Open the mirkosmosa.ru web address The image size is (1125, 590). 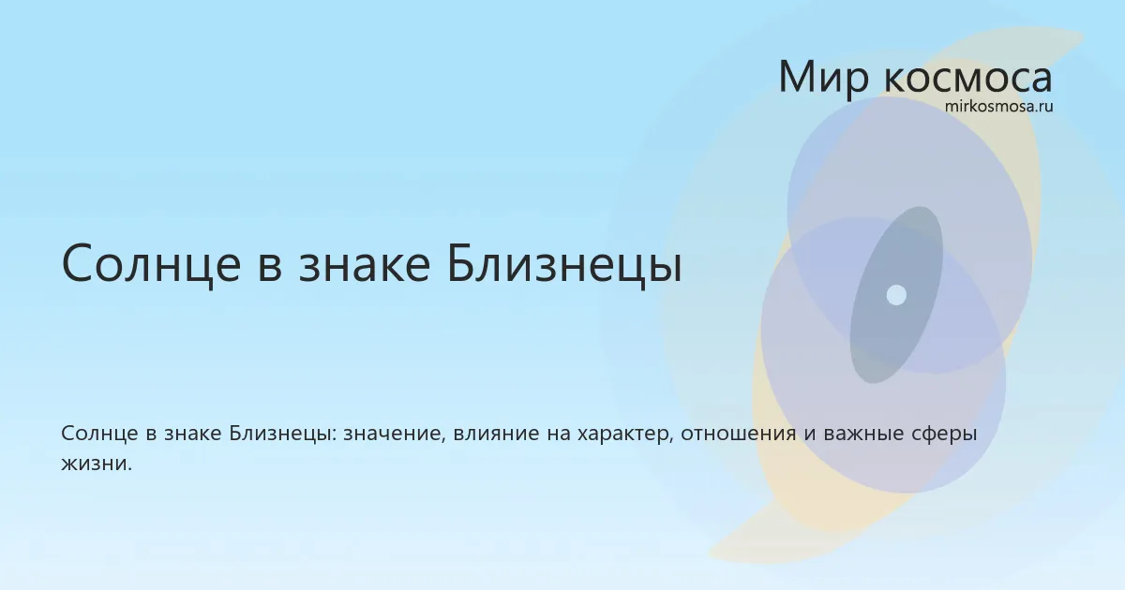tap(998, 107)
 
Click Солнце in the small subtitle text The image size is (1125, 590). tap(99, 434)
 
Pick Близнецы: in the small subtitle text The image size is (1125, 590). tap(283, 434)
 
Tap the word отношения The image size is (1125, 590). tap(739, 435)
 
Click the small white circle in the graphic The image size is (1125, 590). tap(896, 295)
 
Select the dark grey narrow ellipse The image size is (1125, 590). tap(896, 295)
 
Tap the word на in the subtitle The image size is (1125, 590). tap(559, 435)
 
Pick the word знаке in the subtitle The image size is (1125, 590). tap(193, 435)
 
